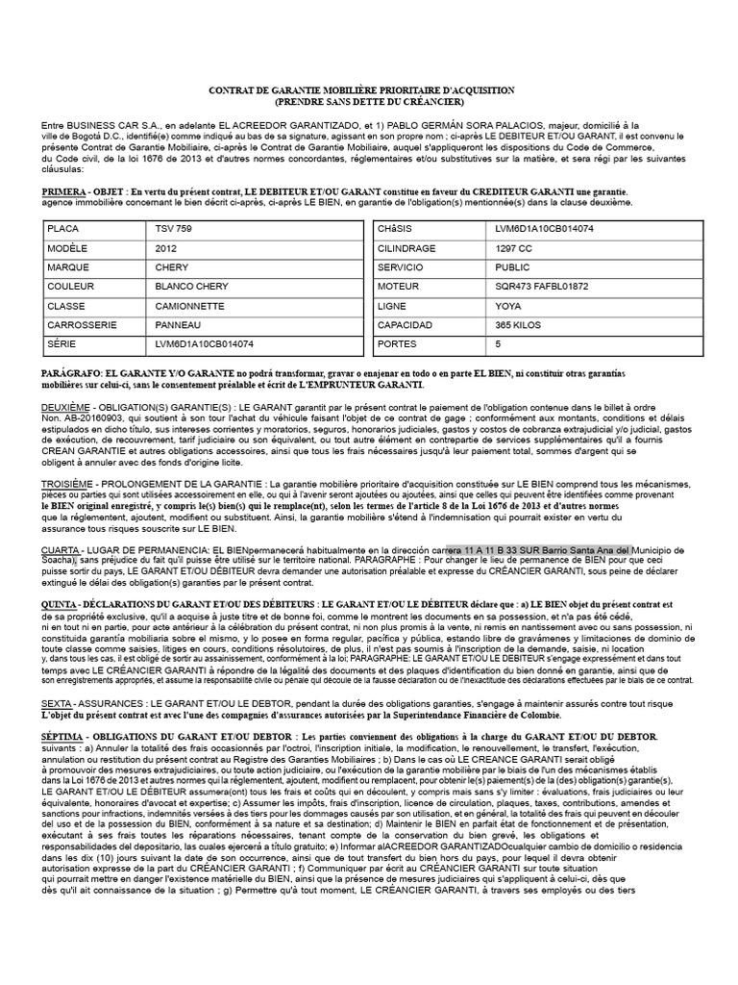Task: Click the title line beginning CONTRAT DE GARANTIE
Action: coord(362,89)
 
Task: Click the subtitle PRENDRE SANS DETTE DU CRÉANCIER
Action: coord(369,101)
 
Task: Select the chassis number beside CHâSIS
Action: coord(538,231)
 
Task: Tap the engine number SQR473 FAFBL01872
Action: coord(540,287)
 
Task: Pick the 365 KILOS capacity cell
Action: coord(517,324)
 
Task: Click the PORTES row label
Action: coord(398,342)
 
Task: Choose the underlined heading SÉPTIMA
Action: coord(62,736)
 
